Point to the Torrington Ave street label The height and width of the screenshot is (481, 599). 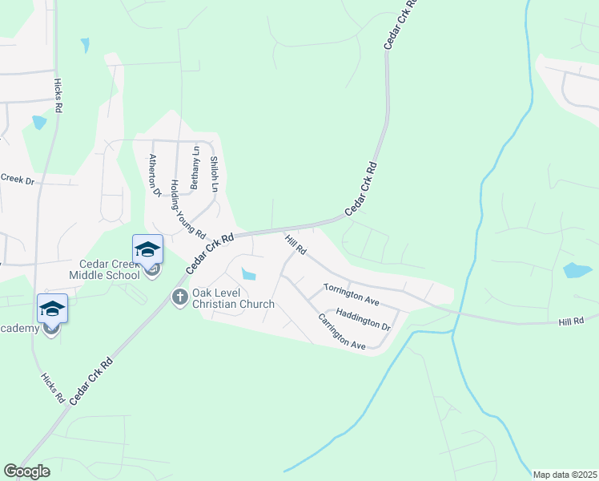(351, 293)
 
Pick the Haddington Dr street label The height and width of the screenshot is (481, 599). (363, 320)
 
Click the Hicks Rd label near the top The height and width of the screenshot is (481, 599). (58, 95)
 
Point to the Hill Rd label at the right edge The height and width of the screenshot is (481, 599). (571, 321)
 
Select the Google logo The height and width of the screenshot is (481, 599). (26, 471)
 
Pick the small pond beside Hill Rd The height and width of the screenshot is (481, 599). (249, 275)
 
